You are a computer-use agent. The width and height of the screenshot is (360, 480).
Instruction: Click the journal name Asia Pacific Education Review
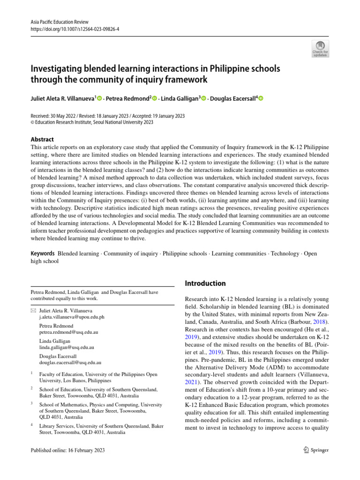(x=60, y=22)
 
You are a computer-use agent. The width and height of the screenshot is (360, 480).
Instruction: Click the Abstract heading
(x=42, y=139)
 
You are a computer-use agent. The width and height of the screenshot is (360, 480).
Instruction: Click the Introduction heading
(x=206, y=283)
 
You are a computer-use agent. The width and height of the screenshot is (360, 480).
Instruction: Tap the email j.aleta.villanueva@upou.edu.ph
(x=71, y=317)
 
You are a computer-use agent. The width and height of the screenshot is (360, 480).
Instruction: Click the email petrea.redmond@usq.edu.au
(x=68, y=332)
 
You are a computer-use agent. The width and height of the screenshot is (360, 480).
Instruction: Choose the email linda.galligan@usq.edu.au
(x=67, y=347)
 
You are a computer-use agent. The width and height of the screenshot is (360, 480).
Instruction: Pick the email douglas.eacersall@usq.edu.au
(x=70, y=362)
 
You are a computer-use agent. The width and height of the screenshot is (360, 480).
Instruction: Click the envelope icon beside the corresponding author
(x=33, y=310)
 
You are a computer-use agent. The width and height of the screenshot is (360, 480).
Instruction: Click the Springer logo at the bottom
(x=316, y=450)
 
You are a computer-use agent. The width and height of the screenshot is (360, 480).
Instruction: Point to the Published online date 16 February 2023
(x=67, y=450)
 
